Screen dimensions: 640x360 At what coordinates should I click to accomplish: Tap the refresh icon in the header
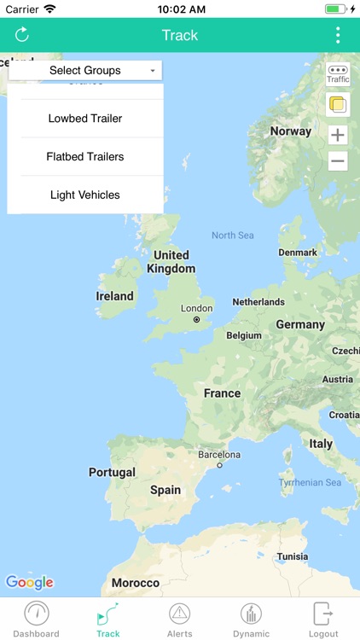click(x=22, y=35)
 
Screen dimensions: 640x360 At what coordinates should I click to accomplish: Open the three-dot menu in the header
click(x=338, y=35)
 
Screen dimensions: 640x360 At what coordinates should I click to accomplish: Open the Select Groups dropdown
click(x=85, y=71)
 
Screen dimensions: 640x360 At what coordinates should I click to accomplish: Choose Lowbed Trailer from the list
click(x=85, y=119)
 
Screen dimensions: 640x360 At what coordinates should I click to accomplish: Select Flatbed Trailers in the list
click(x=85, y=157)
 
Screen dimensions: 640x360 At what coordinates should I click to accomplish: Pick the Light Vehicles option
click(x=85, y=195)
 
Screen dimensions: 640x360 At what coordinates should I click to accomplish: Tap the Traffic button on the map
click(x=338, y=74)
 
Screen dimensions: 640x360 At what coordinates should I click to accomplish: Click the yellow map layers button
click(x=338, y=105)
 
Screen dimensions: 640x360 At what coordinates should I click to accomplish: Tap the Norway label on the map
click(x=291, y=131)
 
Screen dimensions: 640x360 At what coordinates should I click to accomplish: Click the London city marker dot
click(x=196, y=320)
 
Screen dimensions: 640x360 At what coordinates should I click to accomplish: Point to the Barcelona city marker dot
click(x=219, y=466)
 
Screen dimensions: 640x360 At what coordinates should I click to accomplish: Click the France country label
click(x=222, y=393)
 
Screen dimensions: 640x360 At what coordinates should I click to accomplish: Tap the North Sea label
click(x=233, y=236)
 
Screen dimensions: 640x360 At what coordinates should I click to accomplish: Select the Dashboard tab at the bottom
click(x=36, y=620)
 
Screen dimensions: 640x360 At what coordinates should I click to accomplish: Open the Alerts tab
click(x=179, y=620)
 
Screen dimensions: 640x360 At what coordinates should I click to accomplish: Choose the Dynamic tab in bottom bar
click(x=251, y=620)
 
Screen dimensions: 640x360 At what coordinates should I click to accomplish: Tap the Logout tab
click(x=323, y=620)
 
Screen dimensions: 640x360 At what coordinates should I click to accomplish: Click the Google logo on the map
click(x=30, y=583)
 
